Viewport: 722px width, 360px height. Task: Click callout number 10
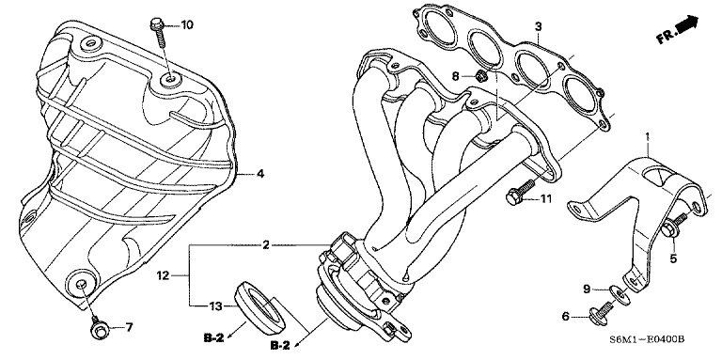(186, 23)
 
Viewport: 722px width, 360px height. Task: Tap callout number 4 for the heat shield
(260, 174)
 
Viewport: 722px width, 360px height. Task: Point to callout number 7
(130, 328)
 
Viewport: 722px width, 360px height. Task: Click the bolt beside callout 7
(98, 329)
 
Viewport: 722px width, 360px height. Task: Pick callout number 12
(162, 276)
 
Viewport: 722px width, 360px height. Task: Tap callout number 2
(266, 245)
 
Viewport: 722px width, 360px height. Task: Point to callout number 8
(454, 75)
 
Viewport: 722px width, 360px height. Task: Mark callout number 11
(544, 199)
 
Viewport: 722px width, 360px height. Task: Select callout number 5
(673, 257)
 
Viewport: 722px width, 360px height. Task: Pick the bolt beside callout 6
(598, 317)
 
